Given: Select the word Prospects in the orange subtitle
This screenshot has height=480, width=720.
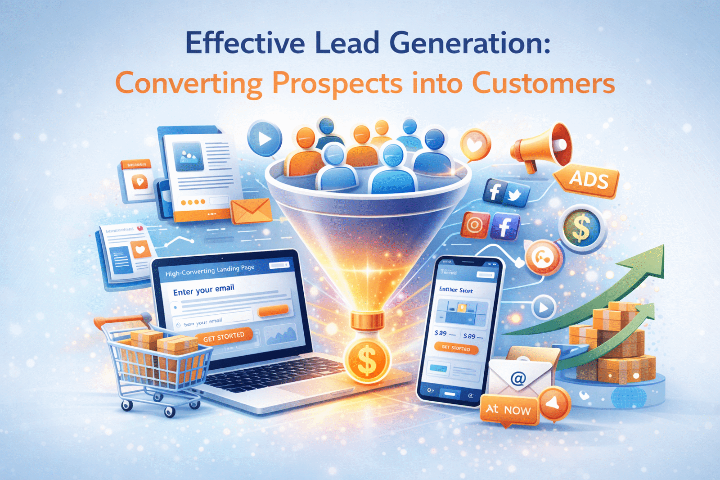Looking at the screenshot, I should (337, 84).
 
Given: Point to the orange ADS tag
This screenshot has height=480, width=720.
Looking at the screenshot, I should (588, 181).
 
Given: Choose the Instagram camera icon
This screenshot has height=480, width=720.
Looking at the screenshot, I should (474, 224).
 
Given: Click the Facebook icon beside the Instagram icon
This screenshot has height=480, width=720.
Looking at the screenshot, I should (504, 226).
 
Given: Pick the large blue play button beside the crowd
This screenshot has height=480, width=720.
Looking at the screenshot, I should (265, 139).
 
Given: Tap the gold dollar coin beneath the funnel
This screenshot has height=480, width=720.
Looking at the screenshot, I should (366, 360).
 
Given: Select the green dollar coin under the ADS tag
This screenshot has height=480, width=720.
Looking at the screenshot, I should (581, 228).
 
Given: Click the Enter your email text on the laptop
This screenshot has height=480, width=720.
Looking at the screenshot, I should (203, 290).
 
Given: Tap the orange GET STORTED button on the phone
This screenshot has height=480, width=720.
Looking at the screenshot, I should (456, 348).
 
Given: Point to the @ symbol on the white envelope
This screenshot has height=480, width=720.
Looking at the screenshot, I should (518, 379).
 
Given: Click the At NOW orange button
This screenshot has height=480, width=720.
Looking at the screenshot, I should (508, 409).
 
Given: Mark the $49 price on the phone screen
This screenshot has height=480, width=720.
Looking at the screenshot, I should (441, 333).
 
